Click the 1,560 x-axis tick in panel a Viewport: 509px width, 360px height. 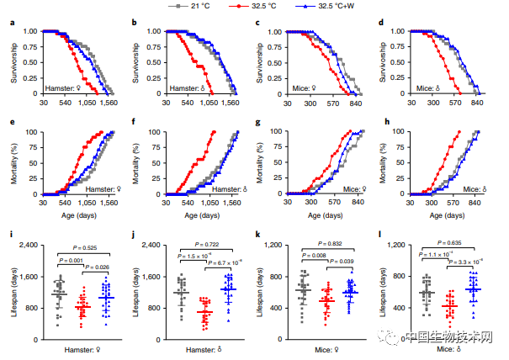(108, 101)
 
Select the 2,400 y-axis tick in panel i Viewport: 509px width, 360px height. (32, 246)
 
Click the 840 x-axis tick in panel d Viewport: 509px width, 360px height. (476, 101)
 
